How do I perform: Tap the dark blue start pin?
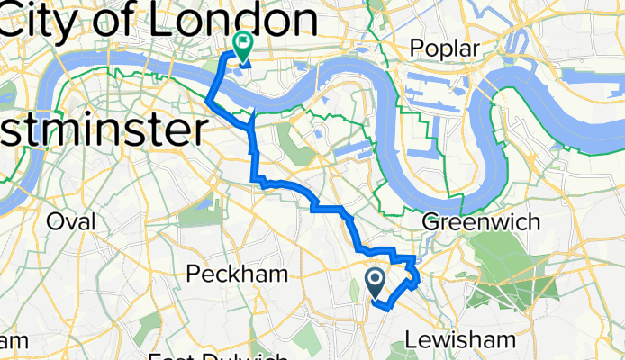point(376,283)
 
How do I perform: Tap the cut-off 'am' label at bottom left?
point(11,340)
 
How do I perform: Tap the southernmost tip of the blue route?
point(387,309)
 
